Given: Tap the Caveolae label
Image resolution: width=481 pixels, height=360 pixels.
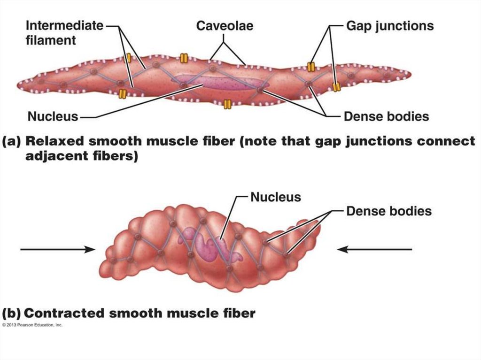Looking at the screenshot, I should pyautogui.click(x=224, y=25).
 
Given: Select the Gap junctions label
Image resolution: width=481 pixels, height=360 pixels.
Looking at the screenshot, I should pyautogui.click(x=389, y=25).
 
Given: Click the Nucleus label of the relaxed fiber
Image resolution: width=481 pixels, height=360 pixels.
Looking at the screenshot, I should pyautogui.click(x=53, y=116).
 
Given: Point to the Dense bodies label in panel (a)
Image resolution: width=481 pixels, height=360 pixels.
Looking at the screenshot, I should pyautogui.click(x=386, y=116).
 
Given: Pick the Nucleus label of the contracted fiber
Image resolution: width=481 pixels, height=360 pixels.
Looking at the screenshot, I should pyautogui.click(x=275, y=197).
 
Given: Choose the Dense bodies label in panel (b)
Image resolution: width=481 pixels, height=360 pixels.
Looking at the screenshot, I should pyautogui.click(x=388, y=211).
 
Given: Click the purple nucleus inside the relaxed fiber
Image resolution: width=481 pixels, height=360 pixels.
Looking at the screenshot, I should pyautogui.click(x=221, y=83).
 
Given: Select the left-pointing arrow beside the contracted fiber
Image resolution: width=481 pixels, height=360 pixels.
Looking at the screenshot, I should pyautogui.click(x=375, y=250).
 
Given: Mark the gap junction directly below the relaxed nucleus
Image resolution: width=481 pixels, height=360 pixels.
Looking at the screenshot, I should pyautogui.click(x=227, y=104).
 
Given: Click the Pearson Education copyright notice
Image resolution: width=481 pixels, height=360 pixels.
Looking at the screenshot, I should pyautogui.click(x=32, y=324).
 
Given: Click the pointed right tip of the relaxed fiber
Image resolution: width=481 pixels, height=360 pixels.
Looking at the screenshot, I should pyautogui.click(x=410, y=74).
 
